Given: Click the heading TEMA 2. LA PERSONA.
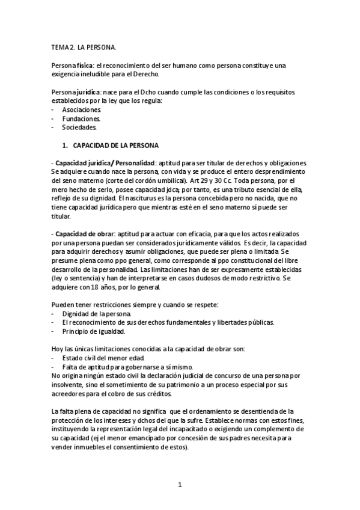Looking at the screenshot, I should point(84,46).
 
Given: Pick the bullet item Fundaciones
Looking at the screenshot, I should point(81,118).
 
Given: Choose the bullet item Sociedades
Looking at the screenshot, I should point(79,127).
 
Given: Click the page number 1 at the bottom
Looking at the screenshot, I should point(180,485).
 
